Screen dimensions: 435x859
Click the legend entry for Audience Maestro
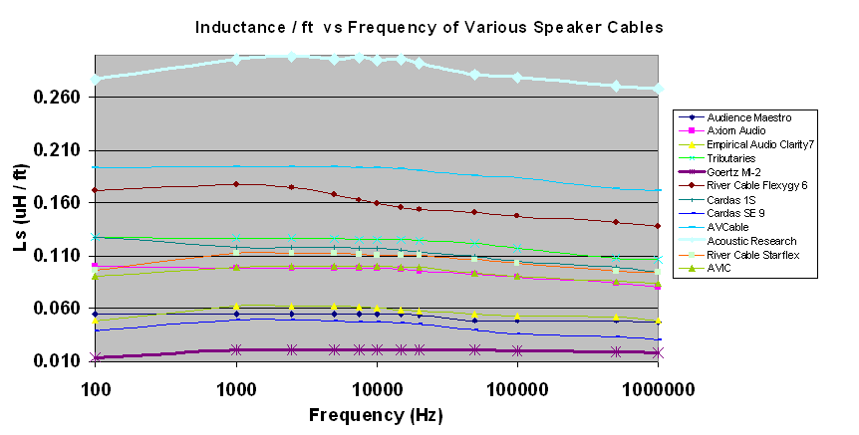[x=734, y=117]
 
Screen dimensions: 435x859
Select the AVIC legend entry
[x=717, y=269]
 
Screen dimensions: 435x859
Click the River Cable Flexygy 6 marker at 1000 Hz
[x=236, y=184]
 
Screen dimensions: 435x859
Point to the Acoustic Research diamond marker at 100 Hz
[x=96, y=79]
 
